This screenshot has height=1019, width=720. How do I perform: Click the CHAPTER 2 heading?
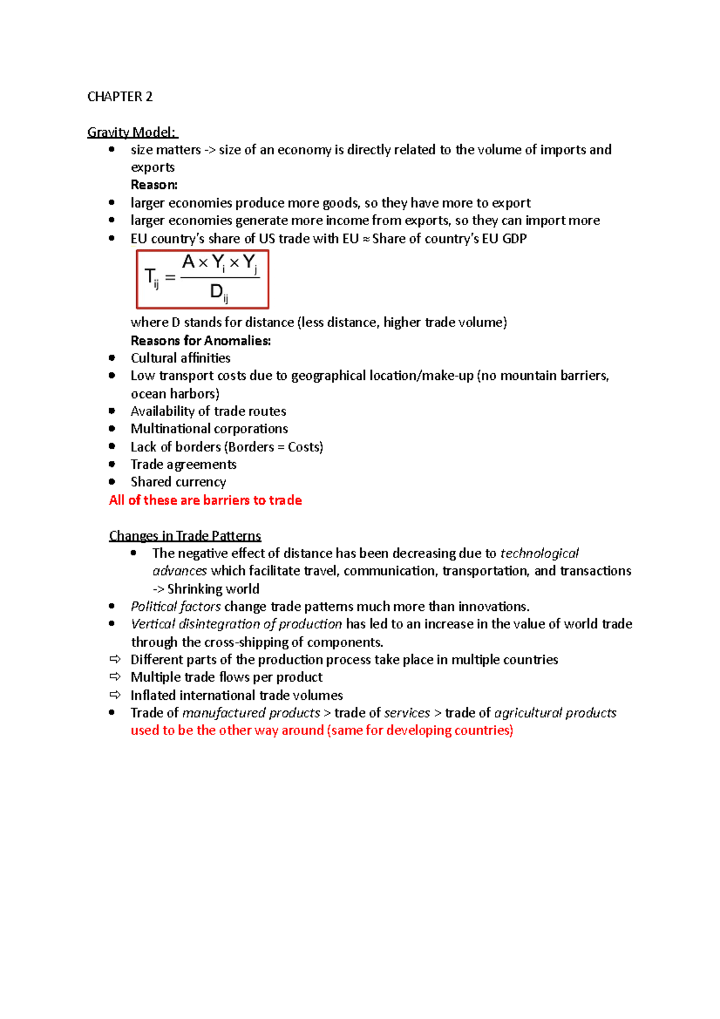119,97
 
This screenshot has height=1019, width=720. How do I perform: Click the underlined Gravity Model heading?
132,132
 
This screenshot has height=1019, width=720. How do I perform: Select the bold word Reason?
154,185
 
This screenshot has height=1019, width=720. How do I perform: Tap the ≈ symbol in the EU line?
365,239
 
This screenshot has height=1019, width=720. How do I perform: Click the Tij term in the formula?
152,278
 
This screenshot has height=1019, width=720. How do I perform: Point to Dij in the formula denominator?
218,293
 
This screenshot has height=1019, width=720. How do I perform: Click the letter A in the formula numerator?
188,262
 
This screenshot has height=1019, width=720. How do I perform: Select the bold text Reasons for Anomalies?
200,341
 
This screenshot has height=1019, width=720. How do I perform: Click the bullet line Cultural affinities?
180,358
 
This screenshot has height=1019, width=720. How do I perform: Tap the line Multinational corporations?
209,429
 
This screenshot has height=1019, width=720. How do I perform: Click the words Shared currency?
178,482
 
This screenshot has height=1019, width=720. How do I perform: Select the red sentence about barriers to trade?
205,500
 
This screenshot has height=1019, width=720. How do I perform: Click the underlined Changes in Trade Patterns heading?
185,536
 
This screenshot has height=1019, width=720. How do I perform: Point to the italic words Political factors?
176,607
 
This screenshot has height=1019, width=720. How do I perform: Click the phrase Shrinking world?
213,589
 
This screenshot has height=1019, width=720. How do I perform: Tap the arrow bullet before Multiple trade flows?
115,677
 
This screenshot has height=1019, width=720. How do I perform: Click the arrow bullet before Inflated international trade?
115,695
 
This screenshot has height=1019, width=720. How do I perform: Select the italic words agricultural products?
555,713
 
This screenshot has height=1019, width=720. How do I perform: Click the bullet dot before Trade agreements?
112,464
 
